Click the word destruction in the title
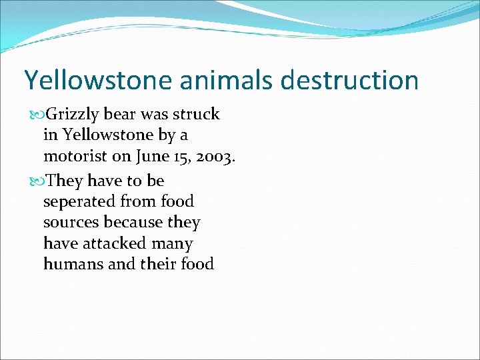pos(350,80)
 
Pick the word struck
pos(197,114)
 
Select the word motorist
pos(72,157)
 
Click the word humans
pos(73,265)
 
